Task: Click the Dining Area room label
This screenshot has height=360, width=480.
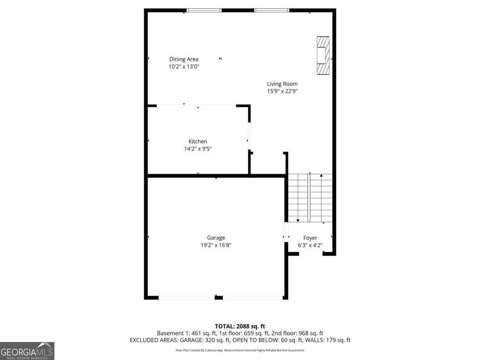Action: pyautogui.click(x=184, y=59)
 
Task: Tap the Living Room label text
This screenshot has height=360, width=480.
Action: pyautogui.click(x=282, y=84)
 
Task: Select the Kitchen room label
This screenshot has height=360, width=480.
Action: pyautogui.click(x=198, y=141)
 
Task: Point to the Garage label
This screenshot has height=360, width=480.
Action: pyautogui.click(x=216, y=238)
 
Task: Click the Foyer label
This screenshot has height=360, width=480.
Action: pyautogui.click(x=310, y=238)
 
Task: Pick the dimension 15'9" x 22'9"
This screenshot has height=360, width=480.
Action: pyautogui.click(x=282, y=91)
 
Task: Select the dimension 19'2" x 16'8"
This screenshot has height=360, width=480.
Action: pyautogui.click(x=216, y=245)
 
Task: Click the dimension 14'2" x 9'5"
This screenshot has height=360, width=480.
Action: pyautogui.click(x=198, y=149)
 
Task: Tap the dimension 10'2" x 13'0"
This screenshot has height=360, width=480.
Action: pyautogui.click(x=184, y=67)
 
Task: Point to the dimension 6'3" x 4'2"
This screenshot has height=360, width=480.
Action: pyautogui.click(x=310, y=245)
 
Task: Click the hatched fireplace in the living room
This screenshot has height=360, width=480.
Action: pyautogui.click(x=323, y=55)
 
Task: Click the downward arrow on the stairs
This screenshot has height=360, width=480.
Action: pyautogui.click(x=298, y=220)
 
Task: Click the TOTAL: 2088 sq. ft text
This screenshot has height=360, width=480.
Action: pyautogui.click(x=240, y=326)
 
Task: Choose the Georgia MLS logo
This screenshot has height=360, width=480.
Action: pyautogui.click(x=27, y=351)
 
